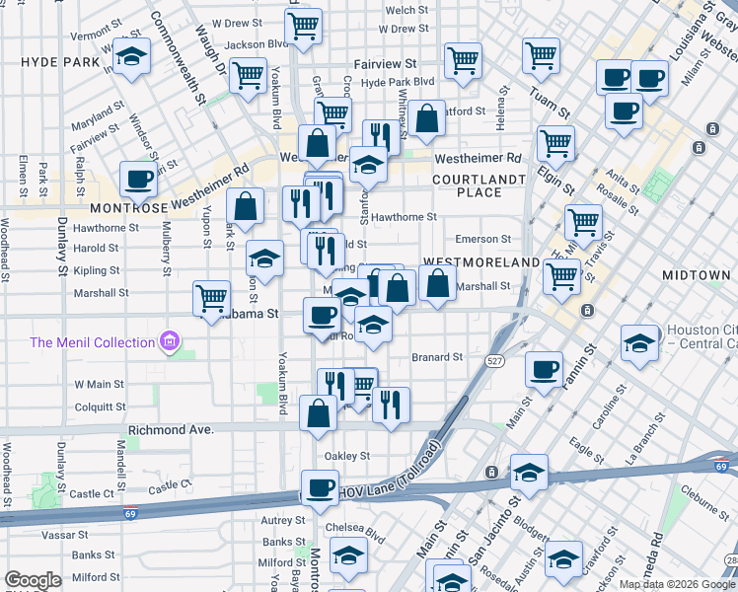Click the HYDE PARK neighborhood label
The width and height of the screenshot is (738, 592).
(x=60, y=61)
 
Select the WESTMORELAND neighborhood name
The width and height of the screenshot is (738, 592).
(x=480, y=262)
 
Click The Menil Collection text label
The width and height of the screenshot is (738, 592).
(x=93, y=342)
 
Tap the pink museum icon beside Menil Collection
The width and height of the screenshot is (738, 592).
(x=171, y=342)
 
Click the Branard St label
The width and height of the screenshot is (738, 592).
(x=437, y=357)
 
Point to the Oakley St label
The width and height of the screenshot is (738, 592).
(x=347, y=456)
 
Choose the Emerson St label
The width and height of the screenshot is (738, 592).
(x=483, y=239)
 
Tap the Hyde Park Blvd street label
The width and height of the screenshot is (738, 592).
(x=399, y=82)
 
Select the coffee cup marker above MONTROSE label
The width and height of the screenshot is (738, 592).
(x=138, y=180)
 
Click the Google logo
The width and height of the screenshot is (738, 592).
(x=33, y=580)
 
